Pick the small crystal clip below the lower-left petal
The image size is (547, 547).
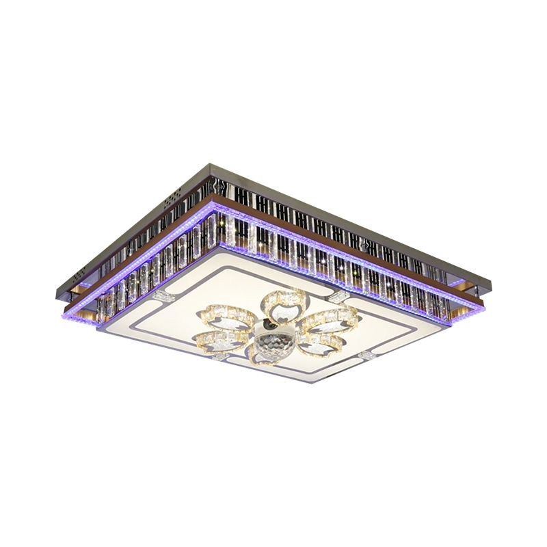(x=219, y=356)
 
